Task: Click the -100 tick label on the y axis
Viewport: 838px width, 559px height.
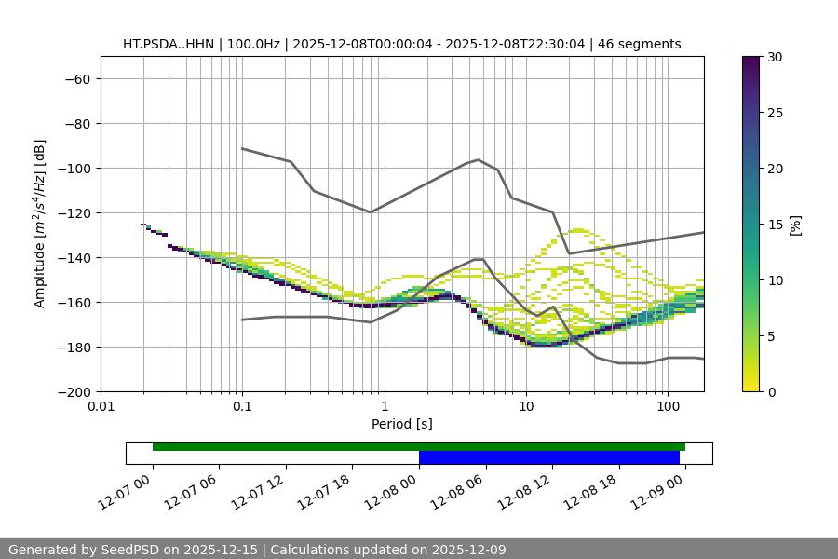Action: (76, 169)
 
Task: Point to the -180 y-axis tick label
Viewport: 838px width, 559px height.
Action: (76, 348)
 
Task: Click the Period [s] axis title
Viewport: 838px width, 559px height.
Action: (402, 425)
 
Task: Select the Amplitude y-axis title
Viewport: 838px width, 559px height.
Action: (40, 224)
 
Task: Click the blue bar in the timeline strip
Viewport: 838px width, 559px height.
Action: (549, 457)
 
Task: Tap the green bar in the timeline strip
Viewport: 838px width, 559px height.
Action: (419, 446)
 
